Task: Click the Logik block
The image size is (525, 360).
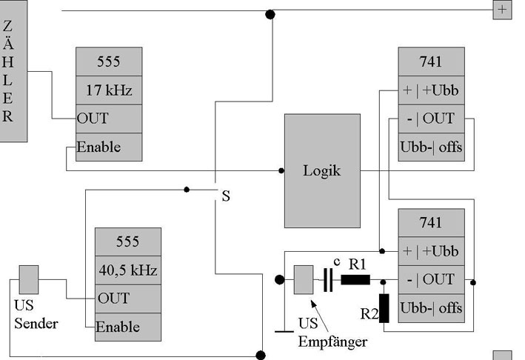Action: (322, 171)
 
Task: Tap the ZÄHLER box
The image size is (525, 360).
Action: (13, 71)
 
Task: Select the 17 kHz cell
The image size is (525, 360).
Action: (109, 90)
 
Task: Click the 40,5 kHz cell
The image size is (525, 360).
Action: (128, 270)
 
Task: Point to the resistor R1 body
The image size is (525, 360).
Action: (355, 279)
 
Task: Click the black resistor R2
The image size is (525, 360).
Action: (384, 308)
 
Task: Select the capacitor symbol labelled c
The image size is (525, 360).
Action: (328, 279)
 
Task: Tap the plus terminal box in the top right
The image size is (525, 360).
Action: (502, 10)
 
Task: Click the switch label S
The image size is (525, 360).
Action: (226, 196)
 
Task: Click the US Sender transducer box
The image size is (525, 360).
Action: (28, 279)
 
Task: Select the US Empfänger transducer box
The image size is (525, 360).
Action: (304, 279)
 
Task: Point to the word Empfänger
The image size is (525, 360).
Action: (332, 342)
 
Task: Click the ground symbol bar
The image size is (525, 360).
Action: (284, 332)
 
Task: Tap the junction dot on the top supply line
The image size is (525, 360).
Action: (270, 14)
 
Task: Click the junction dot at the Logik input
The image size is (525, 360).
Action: (281, 171)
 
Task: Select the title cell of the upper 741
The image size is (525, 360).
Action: (431, 61)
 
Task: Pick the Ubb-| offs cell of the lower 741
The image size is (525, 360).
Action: (431, 308)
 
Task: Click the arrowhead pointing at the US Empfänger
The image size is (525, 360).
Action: (314, 304)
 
